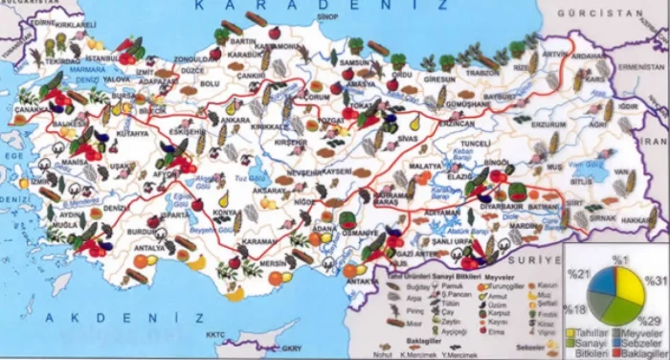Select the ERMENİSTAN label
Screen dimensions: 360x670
638,69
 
